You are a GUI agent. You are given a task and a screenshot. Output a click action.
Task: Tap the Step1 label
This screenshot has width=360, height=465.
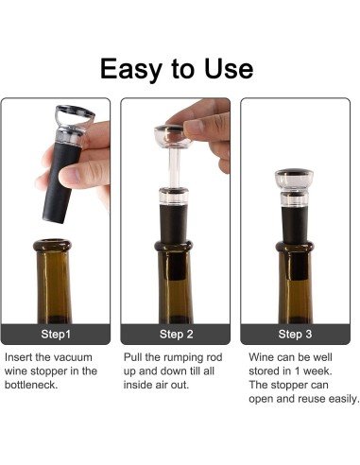click(59, 334)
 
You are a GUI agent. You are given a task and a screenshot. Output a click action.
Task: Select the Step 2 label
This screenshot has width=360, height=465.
click(179, 334)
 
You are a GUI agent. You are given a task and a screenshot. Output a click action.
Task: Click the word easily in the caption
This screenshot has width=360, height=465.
click(340, 399)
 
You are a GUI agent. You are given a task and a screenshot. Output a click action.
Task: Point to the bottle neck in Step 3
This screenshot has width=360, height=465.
click(297, 274)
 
